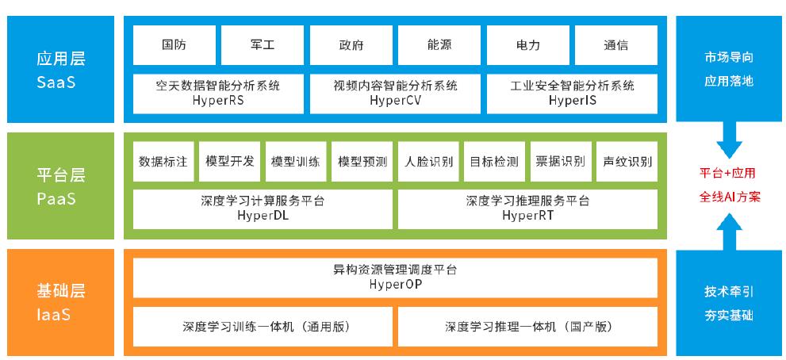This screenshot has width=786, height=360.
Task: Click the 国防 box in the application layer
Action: (x=174, y=45)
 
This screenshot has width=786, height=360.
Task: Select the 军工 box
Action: (x=263, y=45)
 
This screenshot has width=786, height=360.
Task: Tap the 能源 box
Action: (x=439, y=45)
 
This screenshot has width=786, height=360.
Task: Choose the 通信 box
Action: (x=616, y=45)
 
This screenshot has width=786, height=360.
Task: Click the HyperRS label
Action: (x=218, y=100)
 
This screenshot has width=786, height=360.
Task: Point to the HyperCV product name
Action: (x=395, y=100)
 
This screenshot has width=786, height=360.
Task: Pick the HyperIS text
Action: (x=573, y=100)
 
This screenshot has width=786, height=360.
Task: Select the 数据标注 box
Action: (x=163, y=162)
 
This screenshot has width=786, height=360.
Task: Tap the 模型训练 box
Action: (x=296, y=162)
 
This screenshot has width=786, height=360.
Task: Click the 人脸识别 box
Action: (x=428, y=162)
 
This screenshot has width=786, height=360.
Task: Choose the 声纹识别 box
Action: (x=627, y=162)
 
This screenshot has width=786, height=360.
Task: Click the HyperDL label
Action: (x=263, y=216)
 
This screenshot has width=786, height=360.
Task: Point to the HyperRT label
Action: (x=527, y=216)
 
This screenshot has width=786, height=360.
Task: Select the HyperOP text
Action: (x=395, y=285)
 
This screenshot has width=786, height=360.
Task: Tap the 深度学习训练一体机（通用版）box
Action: (x=263, y=327)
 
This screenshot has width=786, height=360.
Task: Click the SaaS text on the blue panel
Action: (x=56, y=82)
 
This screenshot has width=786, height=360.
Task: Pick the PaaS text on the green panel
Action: (x=56, y=199)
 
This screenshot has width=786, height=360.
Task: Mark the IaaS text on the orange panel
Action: (x=53, y=315)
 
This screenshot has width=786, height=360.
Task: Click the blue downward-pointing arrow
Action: (x=730, y=141)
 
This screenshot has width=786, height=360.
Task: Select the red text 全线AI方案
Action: (x=730, y=197)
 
